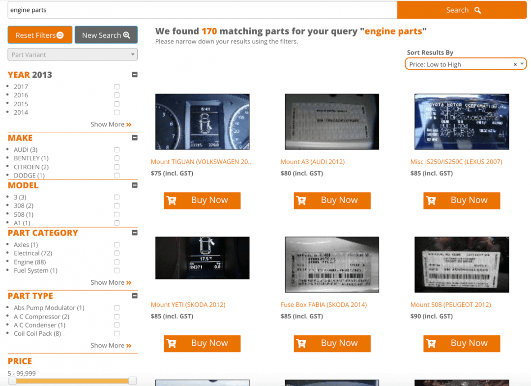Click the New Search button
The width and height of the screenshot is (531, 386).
point(106,35)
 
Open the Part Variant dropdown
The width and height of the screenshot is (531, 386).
point(72,55)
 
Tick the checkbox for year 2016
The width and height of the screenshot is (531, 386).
point(117,95)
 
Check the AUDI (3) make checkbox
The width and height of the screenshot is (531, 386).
point(117,149)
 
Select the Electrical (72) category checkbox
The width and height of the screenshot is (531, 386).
point(117,253)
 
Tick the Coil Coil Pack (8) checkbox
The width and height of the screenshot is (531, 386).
point(117,333)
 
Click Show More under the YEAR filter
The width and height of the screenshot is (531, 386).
point(111,124)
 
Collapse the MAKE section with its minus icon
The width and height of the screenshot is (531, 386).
point(135,138)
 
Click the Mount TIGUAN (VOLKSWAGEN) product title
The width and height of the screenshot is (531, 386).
point(202,162)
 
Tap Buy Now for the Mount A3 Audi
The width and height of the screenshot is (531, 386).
point(332,200)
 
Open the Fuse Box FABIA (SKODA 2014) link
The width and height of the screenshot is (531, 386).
point(324,305)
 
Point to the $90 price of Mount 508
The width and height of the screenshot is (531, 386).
point(431,316)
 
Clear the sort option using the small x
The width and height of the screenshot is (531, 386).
point(515,64)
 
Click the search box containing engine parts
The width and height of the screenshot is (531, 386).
point(202,10)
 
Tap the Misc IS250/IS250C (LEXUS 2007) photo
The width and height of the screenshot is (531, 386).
point(462,122)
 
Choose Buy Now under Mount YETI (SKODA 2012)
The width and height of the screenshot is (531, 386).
point(202,343)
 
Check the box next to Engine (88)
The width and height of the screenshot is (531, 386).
point(117,262)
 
